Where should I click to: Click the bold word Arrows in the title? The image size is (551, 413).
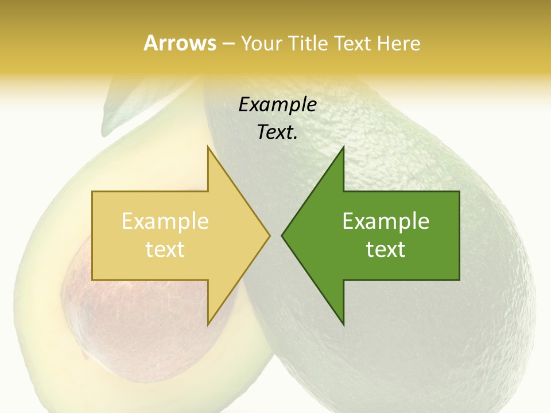point(180,43)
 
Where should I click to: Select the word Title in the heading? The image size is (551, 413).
point(307,43)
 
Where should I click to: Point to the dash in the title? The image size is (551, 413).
point(228,44)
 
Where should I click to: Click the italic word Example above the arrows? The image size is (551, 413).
point(277,105)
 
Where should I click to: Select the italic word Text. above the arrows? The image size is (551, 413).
point(277,133)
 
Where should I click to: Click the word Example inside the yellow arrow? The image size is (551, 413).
point(165,221)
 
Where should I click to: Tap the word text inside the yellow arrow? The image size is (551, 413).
point(165,249)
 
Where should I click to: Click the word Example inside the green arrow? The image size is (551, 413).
point(386,221)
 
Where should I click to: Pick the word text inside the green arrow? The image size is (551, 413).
point(386,249)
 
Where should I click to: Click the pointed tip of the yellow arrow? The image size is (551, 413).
point(270,235)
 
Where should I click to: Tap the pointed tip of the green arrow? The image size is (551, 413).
point(282,235)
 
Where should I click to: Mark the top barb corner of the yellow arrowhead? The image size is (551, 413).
point(208,147)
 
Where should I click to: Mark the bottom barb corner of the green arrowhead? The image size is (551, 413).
point(343,325)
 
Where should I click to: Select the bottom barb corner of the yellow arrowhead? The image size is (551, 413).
point(208,325)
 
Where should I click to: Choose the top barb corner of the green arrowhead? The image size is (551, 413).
point(343,147)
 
